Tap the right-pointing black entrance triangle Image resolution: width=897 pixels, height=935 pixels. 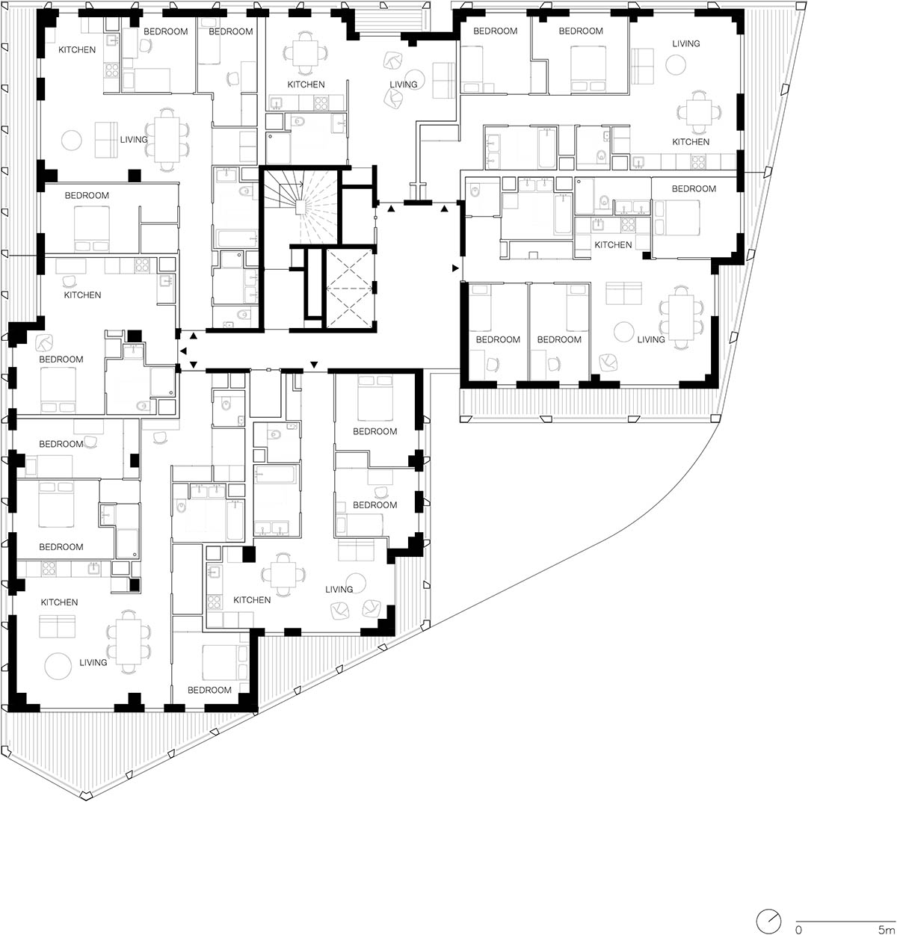tap(455, 268)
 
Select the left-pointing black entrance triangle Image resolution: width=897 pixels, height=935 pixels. tap(183, 351)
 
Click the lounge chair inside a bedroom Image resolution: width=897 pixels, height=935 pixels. tap(45, 342)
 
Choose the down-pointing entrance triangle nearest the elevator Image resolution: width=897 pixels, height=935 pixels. tap(314, 365)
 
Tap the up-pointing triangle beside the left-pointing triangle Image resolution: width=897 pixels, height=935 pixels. tap(193, 336)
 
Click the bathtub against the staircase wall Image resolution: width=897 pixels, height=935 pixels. tap(235, 239)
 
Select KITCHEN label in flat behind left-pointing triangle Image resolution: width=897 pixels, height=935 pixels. tap(83, 295)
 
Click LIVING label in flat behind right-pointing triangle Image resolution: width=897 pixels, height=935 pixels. tap(651, 339)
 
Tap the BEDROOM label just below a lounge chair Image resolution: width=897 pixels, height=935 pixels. tap(61, 360)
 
